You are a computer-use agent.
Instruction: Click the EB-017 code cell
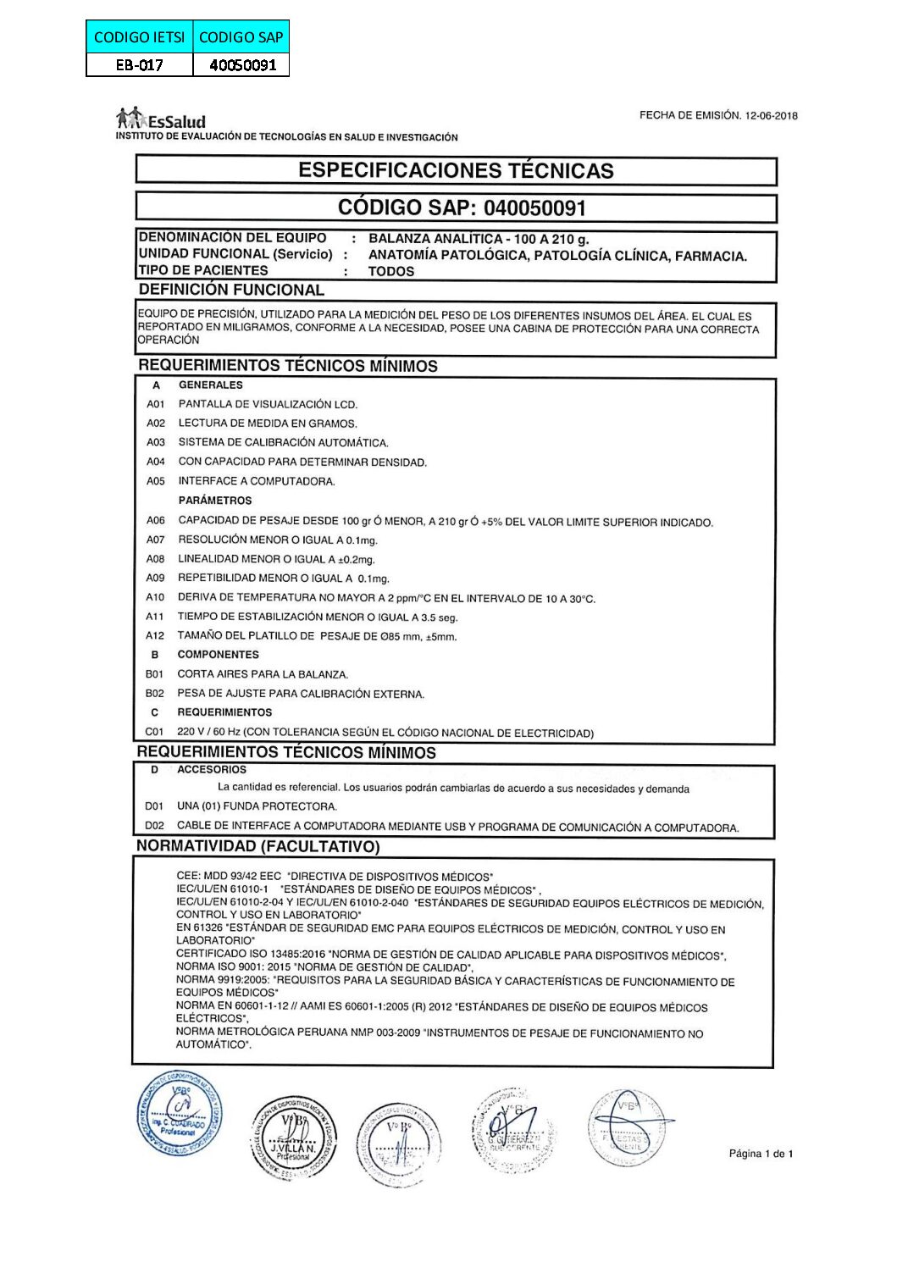(x=140, y=64)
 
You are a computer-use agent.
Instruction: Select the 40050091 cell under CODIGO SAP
(x=242, y=64)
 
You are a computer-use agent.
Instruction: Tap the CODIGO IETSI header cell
(x=141, y=36)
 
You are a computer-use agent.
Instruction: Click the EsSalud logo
(x=161, y=119)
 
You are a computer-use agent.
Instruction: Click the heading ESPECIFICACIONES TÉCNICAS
(x=456, y=170)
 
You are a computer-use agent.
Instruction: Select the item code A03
(x=156, y=442)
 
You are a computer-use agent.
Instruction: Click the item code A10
(x=155, y=597)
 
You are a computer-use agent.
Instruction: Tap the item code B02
(x=154, y=693)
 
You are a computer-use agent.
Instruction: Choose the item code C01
(x=154, y=731)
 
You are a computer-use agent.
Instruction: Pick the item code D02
(x=154, y=825)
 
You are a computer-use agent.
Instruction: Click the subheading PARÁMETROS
(x=215, y=501)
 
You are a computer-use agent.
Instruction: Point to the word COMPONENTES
(x=218, y=655)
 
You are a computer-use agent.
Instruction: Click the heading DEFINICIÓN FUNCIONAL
(x=231, y=290)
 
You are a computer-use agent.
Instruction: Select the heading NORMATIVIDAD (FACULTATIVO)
(x=258, y=846)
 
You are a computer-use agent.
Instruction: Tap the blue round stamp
(x=180, y=1113)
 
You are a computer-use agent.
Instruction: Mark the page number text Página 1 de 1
(x=761, y=1154)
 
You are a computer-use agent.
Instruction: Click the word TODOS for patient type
(x=391, y=272)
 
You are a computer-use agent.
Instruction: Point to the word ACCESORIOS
(x=212, y=770)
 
